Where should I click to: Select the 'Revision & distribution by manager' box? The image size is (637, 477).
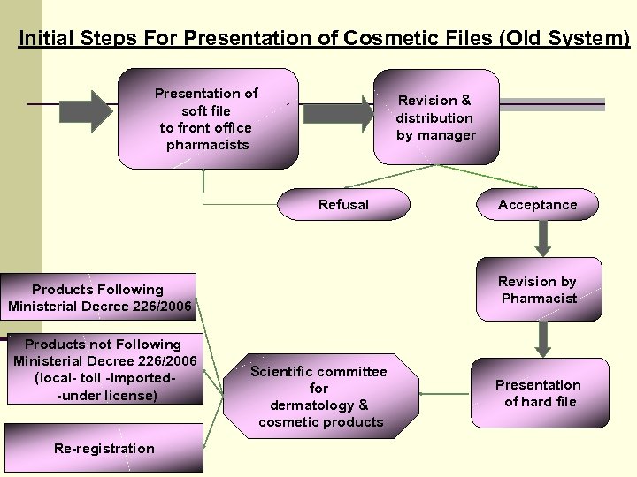tap(435, 117)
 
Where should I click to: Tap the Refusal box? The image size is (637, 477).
tap(343, 205)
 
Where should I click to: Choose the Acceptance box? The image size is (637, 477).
tap(537, 205)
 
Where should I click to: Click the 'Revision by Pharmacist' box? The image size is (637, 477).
tap(537, 290)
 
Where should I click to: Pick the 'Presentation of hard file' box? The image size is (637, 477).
tap(537, 393)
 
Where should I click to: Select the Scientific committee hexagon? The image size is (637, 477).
tap(318, 397)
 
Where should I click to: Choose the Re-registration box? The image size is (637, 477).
tap(104, 449)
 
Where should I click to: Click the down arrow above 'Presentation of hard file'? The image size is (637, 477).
tap(543, 337)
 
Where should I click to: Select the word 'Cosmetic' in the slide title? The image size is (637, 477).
tap(392, 39)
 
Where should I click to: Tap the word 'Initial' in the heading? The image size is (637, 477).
tap(47, 39)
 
